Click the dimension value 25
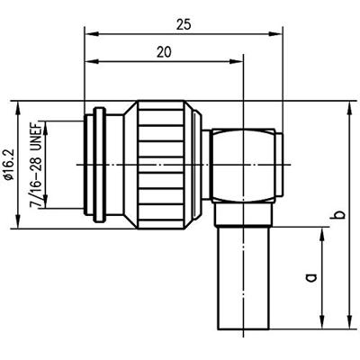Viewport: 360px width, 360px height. point(184,25)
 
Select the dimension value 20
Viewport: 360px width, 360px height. point(163,53)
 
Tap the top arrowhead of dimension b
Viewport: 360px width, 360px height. point(349,107)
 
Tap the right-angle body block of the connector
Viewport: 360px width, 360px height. point(241,171)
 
